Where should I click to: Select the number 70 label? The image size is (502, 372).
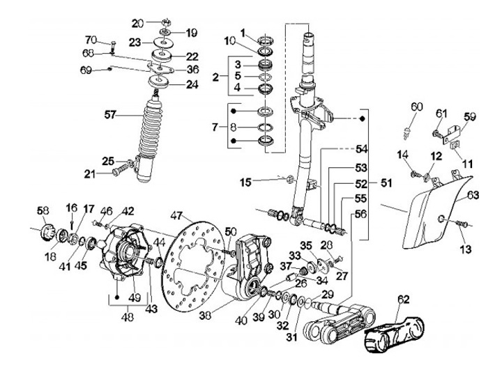point(90,38)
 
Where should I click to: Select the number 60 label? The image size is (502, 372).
point(416,107)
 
